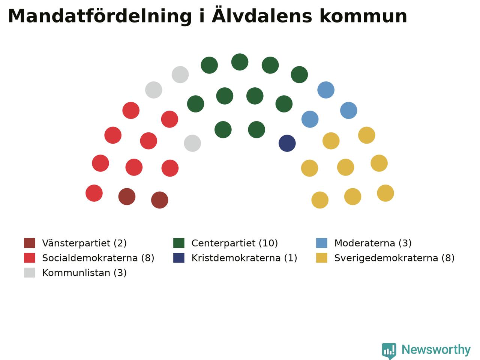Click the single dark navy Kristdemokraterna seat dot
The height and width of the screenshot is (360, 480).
[x=287, y=143]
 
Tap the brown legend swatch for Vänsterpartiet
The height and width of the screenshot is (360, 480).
[x=30, y=243]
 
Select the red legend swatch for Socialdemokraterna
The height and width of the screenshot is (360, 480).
[x=30, y=258]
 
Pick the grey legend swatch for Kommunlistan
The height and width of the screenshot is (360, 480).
[x=30, y=273]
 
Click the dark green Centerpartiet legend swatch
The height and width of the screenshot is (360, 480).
[x=178, y=243]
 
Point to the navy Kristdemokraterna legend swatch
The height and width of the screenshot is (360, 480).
[x=178, y=258]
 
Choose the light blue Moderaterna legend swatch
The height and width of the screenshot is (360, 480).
[x=322, y=243]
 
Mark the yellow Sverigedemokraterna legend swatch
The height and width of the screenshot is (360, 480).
[x=322, y=258]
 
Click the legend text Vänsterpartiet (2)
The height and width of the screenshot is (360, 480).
[x=84, y=243]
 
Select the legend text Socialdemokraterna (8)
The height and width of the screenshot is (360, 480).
[x=98, y=258]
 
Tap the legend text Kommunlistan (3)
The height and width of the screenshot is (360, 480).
[x=84, y=273]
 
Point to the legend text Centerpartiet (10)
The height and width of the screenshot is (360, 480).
[x=234, y=243]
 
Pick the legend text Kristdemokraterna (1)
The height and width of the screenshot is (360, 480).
[x=244, y=258]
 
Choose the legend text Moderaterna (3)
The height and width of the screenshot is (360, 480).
[x=373, y=243]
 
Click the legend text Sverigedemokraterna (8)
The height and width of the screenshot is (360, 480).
[x=394, y=258]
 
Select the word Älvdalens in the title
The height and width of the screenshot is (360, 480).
[x=262, y=15]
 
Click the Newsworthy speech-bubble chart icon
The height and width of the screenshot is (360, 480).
[x=389, y=351]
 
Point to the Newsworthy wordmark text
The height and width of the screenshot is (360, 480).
[x=436, y=350]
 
